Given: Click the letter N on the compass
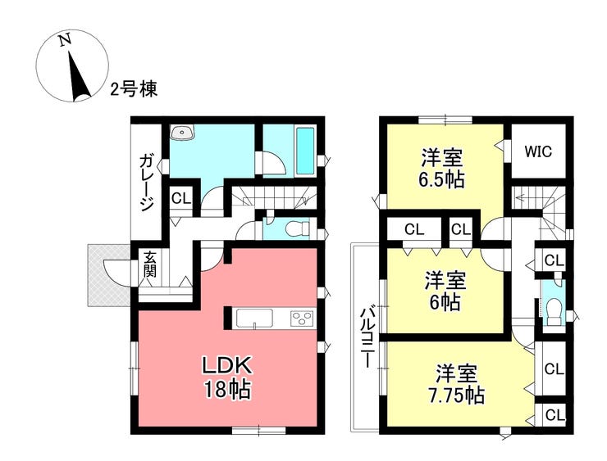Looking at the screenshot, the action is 65,40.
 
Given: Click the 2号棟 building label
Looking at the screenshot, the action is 134,89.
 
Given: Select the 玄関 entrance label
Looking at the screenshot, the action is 150,264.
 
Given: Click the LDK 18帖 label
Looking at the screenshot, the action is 227,378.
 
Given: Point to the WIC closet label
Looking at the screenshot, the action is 538,151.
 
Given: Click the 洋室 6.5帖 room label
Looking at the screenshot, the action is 441,168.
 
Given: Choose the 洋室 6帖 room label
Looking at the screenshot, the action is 445,291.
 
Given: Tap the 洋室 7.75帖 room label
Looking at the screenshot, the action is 456,384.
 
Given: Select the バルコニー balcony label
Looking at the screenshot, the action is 368,337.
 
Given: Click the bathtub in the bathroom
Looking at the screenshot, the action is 305,151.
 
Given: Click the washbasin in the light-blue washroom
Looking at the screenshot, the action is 183,133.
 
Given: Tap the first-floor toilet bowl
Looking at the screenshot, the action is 297,229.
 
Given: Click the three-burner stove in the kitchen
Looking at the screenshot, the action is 301,319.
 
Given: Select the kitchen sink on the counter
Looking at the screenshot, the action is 254,319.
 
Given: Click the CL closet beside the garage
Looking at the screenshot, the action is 181,199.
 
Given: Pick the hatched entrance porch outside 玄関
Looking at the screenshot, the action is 108,275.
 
